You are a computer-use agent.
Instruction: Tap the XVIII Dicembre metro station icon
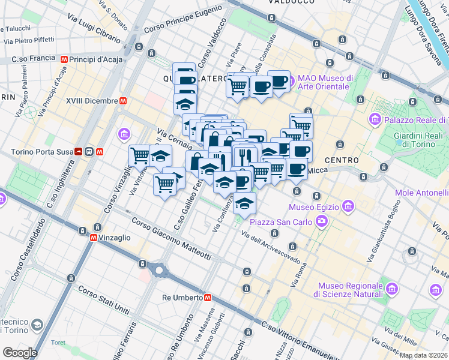click(x=122, y=101)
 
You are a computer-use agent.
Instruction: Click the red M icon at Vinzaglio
click(x=94, y=238)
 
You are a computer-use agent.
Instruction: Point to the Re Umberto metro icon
click(x=207, y=297)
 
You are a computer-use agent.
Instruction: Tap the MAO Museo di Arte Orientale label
click(x=325, y=82)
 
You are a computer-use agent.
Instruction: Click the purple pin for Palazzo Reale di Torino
click(x=376, y=119)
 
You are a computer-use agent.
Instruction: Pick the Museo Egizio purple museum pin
click(x=348, y=207)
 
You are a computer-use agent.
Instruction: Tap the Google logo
click(x=20, y=353)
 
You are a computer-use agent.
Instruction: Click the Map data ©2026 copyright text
click(x=423, y=355)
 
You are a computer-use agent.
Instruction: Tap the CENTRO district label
click(x=342, y=160)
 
